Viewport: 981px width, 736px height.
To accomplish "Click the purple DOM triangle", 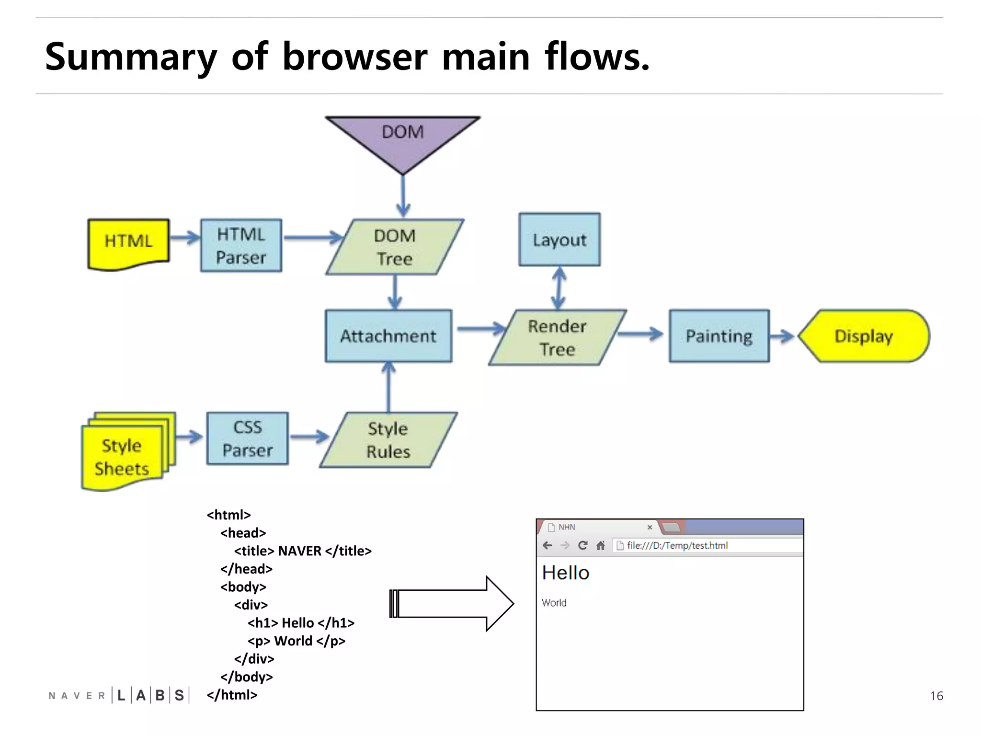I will pos(402,139).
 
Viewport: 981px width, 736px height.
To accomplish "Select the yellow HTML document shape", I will pos(128,243).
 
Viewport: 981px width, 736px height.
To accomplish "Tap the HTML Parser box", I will pos(241,246).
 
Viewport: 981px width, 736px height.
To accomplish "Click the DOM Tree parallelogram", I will pos(395,247).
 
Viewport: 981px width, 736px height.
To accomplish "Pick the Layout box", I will pos(559,240).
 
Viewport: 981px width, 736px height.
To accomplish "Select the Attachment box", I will pos(388,336).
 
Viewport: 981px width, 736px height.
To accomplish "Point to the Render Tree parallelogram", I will pos(557,337).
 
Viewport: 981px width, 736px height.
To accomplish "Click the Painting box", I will pos(719,336).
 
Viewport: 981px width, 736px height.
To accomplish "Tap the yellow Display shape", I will pos(864,336).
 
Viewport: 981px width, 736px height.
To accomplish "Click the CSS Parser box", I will pos(248,438).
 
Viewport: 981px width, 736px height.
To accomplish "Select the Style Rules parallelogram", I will pos(388,440).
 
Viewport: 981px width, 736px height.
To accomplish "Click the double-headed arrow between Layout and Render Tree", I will pos(559,288).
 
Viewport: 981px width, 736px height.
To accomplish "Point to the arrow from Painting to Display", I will pos(782,336).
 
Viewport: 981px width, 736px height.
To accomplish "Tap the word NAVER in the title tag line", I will pos(299,551).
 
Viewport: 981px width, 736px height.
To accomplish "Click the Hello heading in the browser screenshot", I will pos(565,573).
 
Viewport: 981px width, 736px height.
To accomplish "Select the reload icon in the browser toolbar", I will pos(582,545).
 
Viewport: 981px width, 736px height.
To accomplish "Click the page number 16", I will pos(936,696).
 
